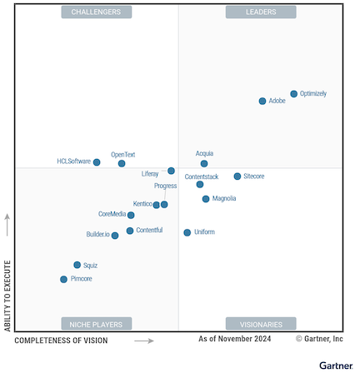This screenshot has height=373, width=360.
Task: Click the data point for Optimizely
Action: coord(293,94)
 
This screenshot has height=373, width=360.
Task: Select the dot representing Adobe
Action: coord(262,101)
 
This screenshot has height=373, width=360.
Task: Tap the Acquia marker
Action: coord(204,163)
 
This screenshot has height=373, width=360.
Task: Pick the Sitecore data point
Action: coord(237,177)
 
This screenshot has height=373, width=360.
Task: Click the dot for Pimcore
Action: coord(63,279)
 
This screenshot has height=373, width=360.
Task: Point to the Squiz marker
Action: coord(77,265)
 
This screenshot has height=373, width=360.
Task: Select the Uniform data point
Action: coord(187,232)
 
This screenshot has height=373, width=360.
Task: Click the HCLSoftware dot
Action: coord(97,162)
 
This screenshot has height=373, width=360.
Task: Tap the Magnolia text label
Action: coord(224,199)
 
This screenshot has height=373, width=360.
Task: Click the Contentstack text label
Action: coord(202,177)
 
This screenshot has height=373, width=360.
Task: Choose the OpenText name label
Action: coord(123,154)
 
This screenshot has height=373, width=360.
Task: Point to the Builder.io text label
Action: coord(97,235)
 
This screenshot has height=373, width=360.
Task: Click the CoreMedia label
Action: coord(112,214)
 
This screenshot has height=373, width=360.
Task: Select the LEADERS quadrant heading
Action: coord(260,12)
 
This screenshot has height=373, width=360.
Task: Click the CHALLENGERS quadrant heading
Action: coord(97,12)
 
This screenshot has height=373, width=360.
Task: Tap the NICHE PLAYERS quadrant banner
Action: coord(97,324)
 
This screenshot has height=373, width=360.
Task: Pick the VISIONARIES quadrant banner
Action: coord(260,324)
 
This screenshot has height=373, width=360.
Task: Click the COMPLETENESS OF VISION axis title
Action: coord(72,341)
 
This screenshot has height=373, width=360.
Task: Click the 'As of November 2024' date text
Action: coord(235,340)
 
